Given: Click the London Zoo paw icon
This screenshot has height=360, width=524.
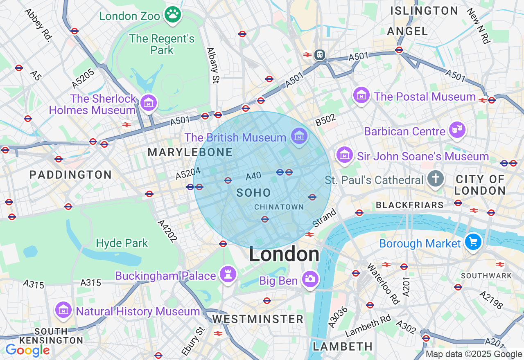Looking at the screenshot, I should coord(173,15).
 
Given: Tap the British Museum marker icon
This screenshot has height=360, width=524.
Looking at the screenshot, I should coord(299,136).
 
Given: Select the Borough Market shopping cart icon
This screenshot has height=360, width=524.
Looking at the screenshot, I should coord(473,242).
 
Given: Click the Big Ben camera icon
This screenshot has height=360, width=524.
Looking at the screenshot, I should coord(310,279).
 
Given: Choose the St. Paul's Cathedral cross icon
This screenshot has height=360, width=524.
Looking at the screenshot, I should coord(436,179).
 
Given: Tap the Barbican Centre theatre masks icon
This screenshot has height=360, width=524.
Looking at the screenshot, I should coord(457,130).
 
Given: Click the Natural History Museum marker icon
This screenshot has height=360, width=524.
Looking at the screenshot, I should coord(63,310).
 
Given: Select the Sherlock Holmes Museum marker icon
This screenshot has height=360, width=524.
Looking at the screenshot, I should coord(148,103).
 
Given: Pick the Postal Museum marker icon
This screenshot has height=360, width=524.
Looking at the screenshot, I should coord(361,95).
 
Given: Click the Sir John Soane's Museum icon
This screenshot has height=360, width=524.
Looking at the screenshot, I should coord(345,155).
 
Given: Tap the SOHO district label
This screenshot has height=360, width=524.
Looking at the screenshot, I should coord(254,193).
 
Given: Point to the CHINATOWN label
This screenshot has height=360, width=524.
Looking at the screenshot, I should coord(279,207).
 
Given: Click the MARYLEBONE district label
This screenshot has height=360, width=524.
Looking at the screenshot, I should coord(190,153).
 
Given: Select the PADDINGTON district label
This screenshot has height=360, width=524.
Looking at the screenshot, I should coord(70,175).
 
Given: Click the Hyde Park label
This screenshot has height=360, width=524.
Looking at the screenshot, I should coord(122,243).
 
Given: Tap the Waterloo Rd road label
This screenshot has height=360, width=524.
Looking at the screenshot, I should coord(383,283).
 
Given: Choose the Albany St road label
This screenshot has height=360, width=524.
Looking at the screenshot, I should coord(212,65).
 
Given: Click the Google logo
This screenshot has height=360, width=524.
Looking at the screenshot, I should coord(27,350).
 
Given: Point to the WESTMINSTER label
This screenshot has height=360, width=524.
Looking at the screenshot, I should coord(257,319).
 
